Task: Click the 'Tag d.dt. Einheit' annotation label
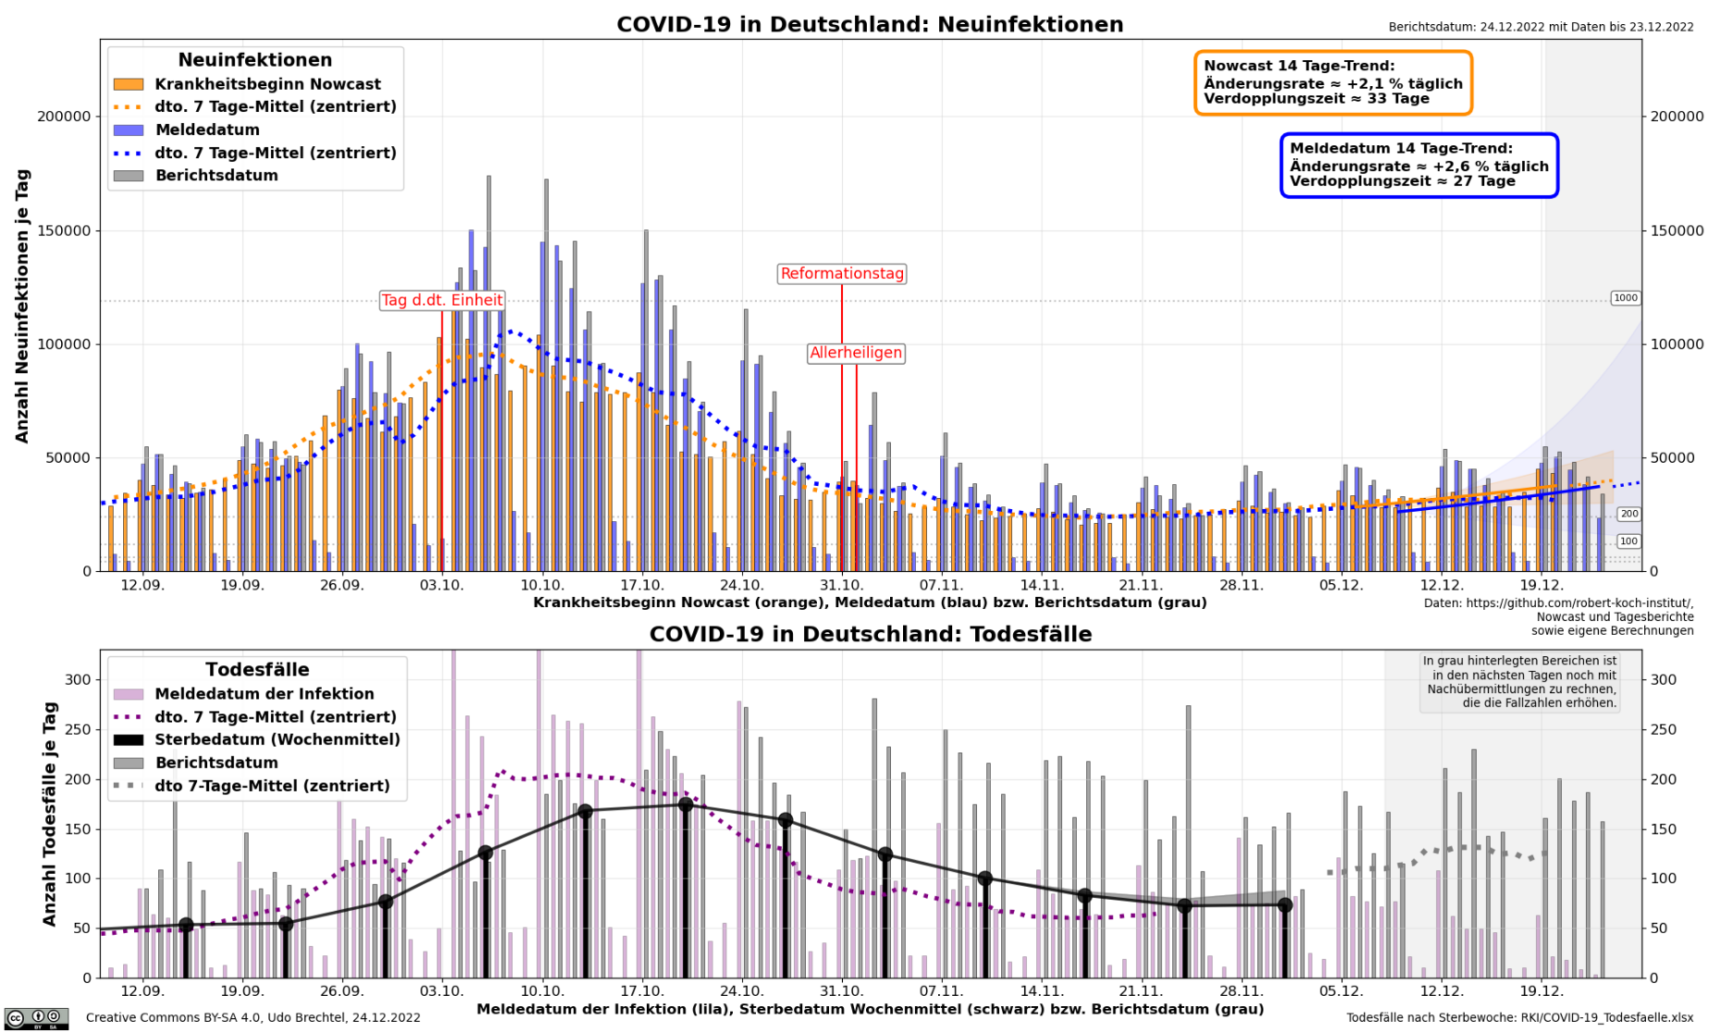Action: coord(441,300)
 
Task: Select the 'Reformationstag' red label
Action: coord(841,274)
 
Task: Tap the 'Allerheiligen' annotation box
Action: coord(855,353)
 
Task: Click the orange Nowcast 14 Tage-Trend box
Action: coord(1332,82)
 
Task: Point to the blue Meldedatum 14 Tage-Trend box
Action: coord(1418,165)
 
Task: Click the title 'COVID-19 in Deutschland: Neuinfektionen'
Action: coord(870,25)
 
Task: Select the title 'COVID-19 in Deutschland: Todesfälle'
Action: coord(870,634)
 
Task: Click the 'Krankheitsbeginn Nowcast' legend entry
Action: coord(267,84)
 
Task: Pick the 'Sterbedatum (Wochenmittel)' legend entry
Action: coord(277,740)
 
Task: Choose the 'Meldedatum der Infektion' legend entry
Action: coord(264,693)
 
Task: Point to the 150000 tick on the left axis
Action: coord(64,230)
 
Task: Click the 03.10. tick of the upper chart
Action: coord(441,586)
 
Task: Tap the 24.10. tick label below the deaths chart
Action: coord(741,991)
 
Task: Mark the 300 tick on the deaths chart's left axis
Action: coord(79,679)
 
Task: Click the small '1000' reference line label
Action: coord(1625,298)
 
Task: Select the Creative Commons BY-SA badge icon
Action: coord(36,1019)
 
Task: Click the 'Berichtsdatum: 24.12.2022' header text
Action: coord(1541,27)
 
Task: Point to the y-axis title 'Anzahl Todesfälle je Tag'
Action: coord(50,814)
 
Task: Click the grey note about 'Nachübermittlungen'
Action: coord(1519,682)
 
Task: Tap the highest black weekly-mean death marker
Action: coord(686,805)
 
